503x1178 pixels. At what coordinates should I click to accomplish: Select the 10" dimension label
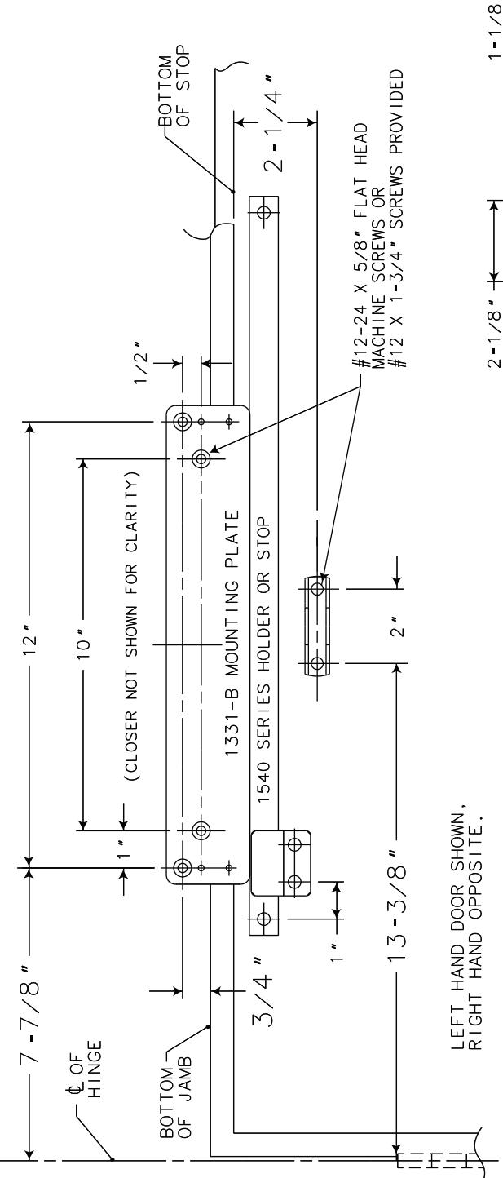click(83, 641)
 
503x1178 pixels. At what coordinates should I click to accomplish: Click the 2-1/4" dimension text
click(273, 124)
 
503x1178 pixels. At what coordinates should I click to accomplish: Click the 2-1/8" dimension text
click(494, 333)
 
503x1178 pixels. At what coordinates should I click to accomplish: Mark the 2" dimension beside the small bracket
click(399, 625)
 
